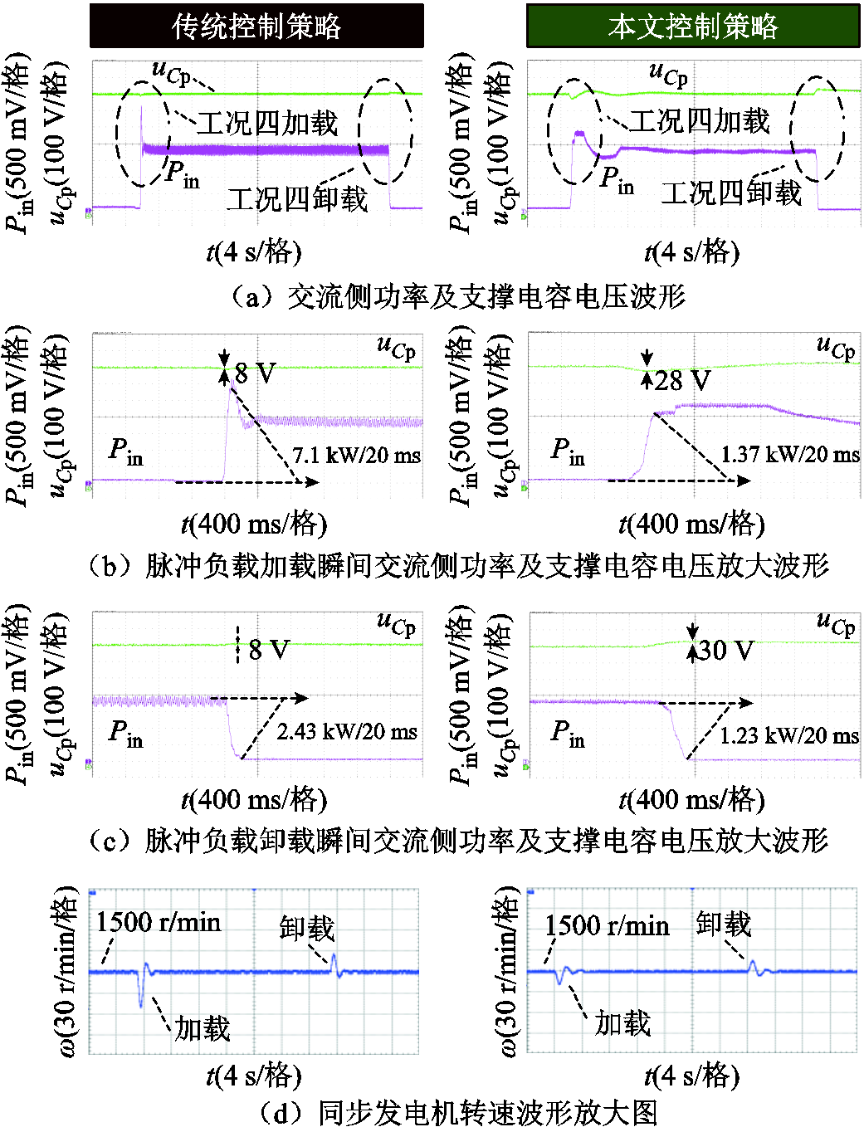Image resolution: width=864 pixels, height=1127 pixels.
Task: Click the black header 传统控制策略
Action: pos(256,26)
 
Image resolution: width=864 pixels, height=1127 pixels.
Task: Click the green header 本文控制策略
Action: pos(693,26)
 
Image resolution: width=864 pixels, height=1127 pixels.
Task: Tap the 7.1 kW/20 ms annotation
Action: pos(356,455)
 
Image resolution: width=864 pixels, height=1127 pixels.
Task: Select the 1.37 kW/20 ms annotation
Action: pos(790,454)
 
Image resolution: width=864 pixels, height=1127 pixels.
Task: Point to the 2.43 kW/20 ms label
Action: pos(346,731)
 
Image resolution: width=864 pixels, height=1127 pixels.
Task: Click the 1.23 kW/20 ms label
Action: pos(788,735)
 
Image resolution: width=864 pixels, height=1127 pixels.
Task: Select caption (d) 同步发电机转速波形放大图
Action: pos(458,1111)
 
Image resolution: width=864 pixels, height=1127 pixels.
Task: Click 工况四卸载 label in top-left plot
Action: pos(297,198)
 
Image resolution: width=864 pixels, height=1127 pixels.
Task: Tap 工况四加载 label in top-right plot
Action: pos(700,121)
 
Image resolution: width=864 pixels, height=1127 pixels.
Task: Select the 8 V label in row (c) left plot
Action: pos(269,649)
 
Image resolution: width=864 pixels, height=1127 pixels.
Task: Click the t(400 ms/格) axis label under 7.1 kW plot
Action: pos(254,524)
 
